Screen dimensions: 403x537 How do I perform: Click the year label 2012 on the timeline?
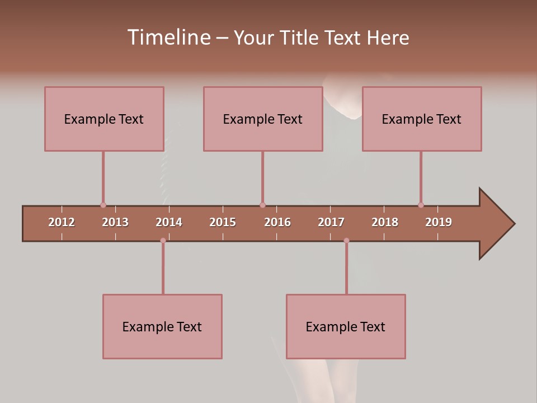[x=62, y=222]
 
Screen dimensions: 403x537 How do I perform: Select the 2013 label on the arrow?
[x=115, y=222]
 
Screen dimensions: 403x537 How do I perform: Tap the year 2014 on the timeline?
[x=169, y=222]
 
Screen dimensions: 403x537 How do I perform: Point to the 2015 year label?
[x=223, y=222]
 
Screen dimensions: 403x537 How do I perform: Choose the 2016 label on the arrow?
[x=277, y=222]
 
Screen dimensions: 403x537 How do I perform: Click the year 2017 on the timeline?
[x=331, y=222]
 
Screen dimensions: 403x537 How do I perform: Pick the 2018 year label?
[x=385, y=222]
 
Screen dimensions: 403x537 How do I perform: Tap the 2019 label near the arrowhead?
[x=439, y=222]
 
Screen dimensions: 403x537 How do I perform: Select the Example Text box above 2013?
[x=104, y=119]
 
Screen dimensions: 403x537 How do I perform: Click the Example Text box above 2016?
[x=263, y=119]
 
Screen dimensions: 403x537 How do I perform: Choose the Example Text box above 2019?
[x=422, y=119]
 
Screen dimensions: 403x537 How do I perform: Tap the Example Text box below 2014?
[x=162, y=327]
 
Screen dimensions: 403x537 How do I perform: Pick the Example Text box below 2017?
[x=346, y=327]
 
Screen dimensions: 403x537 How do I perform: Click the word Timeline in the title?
[x=168, y=38]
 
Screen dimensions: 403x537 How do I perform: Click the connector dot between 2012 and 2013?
[x=103, y=205]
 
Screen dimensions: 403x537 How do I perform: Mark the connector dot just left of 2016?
[x=262, y=205]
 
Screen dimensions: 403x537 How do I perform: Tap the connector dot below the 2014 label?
[x=163, y=240]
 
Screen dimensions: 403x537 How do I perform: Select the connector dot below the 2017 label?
[x=346, y=240]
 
